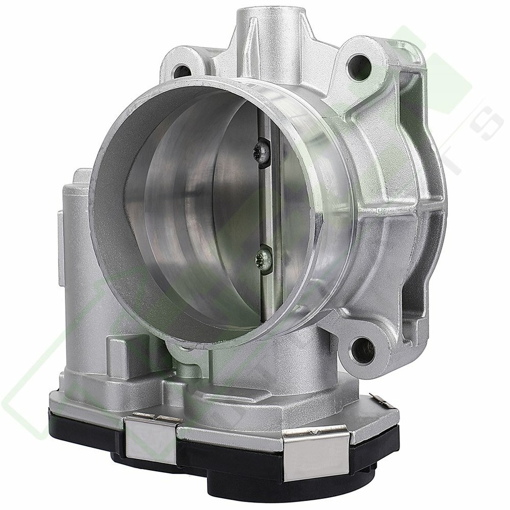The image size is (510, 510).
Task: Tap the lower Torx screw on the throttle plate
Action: pos(262,259)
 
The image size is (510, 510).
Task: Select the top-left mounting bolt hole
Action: pos(182,70)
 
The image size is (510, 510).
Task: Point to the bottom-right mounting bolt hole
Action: pos(362,350)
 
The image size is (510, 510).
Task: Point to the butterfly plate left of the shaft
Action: pos(207,212)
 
